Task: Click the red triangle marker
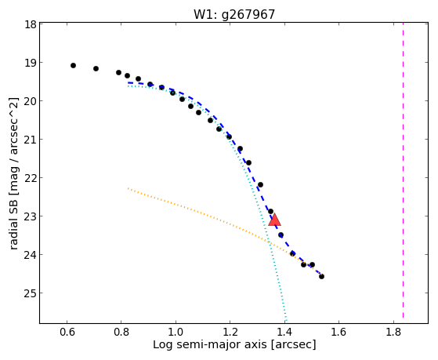pyautogui.click(x=274, y=220)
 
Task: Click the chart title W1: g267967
pyautogui.click(x=234, y=15)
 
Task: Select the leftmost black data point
pyautogui.click(x=73, y=65)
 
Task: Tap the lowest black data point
pyautogui.click(x=321, y=276)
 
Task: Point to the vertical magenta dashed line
pyautogui.click(x=403, y=170)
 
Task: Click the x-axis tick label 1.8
pyautogui.click(x=393, y=333)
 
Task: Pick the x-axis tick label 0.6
pyautogui.click(x=67, y=333)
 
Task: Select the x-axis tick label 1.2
pyautogui.click(x=230, y=333)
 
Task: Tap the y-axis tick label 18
pyautogui.click(x=31, y=24)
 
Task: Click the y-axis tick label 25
pyautogui.click(x=31, y=293)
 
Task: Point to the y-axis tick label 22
pyautogui.click(x=31, y=178)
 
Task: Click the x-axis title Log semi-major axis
pyautogui.click(x=210, y=344)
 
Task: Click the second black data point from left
pyautogui.click(x=96, y=68)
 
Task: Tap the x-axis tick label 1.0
pyautogui.click(x=176, y=333)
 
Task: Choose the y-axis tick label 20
pyautogui.click(x=31, y=101)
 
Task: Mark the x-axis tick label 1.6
pyautogui.click(x=338, y=333)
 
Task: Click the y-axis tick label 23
pyautogui.click(x=31, y=216)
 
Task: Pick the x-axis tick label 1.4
pyautogui.click(x=284, y=333)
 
